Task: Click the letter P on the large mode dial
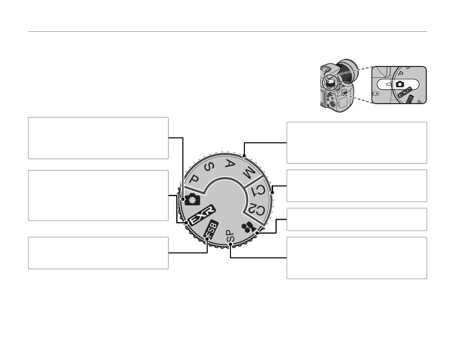point(194,179)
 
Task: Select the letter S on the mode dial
point(209,167)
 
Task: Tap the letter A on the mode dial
point(230,164)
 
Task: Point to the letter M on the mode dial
point(249,174)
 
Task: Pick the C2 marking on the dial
point(257,210)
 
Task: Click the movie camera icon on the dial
point(248,228)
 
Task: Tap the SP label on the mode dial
point(230,236)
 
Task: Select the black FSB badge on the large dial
point(211,229)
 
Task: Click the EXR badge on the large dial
point(201,215)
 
